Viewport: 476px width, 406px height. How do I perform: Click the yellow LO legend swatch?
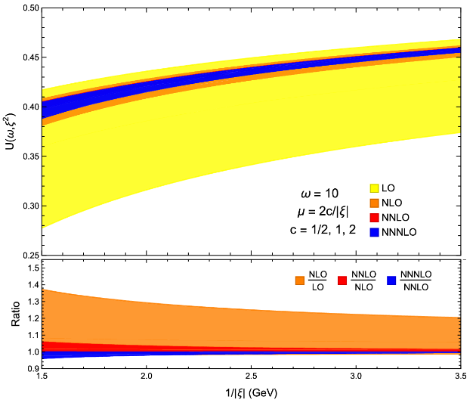(374, 187)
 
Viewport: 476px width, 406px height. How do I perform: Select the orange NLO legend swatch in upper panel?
(374, 202)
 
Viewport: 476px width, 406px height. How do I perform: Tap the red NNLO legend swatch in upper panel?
(374, 218)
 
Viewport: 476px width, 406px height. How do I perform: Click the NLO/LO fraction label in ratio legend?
(317, 281)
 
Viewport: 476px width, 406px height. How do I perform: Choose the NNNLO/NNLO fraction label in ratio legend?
(415, 281)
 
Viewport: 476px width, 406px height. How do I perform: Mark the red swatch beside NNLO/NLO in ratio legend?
(342, 280)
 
